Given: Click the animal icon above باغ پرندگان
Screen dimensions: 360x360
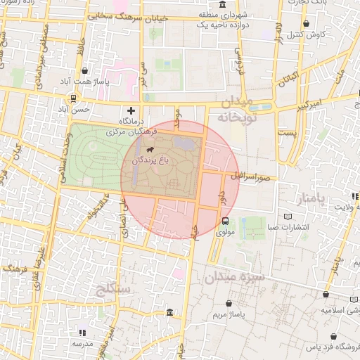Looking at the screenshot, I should click(149, 150).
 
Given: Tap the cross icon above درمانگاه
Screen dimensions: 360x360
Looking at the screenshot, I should click(131, 110).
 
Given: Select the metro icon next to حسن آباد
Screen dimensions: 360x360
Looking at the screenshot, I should click(72, 99).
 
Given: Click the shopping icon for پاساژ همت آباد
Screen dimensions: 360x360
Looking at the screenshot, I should click(85, 70).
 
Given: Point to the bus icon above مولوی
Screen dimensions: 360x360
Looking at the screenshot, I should click(225, 220).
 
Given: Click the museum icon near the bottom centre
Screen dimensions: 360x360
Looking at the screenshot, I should click(169, 312).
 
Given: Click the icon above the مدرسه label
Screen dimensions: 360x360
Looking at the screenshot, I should click(83, 333).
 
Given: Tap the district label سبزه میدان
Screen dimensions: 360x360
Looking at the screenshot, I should click(235, 278).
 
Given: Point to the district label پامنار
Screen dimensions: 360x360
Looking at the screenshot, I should click(313, 198).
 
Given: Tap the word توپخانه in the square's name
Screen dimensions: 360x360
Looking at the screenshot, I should click(233, 118).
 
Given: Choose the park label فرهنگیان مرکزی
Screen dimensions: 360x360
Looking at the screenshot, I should click(136, 131).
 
